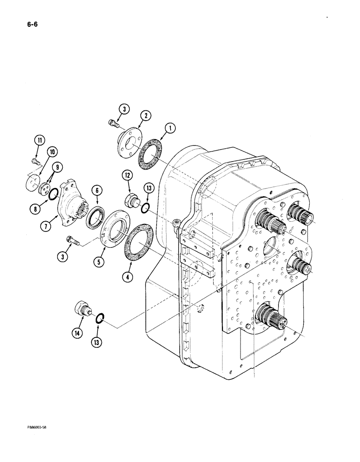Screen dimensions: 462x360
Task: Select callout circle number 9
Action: pyautogui.click(x=51, y=152)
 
